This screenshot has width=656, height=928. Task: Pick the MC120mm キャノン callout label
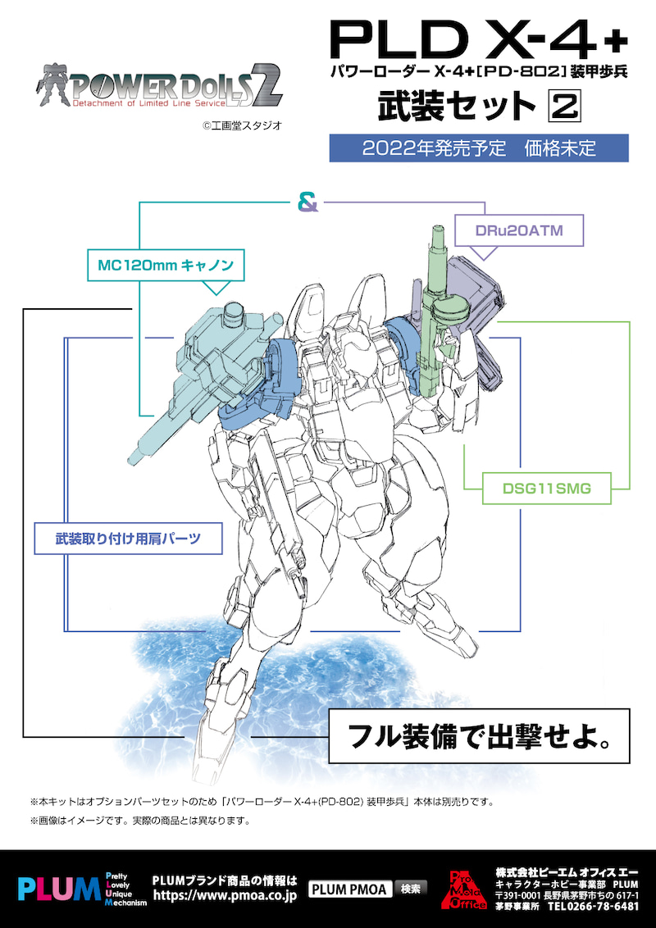[x=166, y=266]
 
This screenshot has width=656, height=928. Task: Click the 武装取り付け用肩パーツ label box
[x=129, y=539]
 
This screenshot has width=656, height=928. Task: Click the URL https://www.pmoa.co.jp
[x=224, y=898]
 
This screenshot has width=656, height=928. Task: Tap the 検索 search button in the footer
[x=412, y=889]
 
